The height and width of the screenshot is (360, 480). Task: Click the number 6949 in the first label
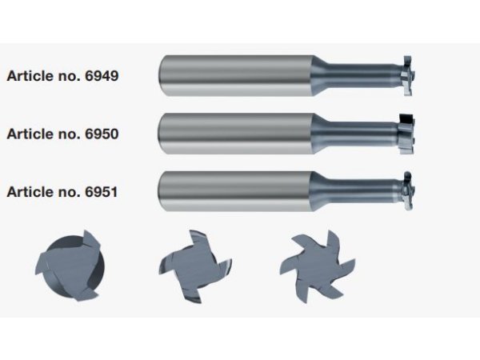pyautogui.click(x=102, y=76)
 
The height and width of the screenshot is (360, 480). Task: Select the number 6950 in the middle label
pyautogui.click(x=102, y=134)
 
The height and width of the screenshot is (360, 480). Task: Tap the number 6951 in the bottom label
pyautogui.click(x=102, y=192)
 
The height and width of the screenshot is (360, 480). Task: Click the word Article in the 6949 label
pyautogui.click(x=29, y=76)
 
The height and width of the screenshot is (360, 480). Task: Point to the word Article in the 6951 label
pyautogui.click(x=29, y=192)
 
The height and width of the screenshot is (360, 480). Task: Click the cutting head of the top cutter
pyautogui.click(x=408, y=76)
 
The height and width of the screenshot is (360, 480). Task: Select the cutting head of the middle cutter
pyautogui.click(x=407, y=134)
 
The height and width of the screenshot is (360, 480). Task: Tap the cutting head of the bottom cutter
pyautogui.click(x=408, y=191)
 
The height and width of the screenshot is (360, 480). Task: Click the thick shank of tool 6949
pyautogui.click(x=236, y=76)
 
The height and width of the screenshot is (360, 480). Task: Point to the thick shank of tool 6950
pyautogui.click(x=236, y=134)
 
